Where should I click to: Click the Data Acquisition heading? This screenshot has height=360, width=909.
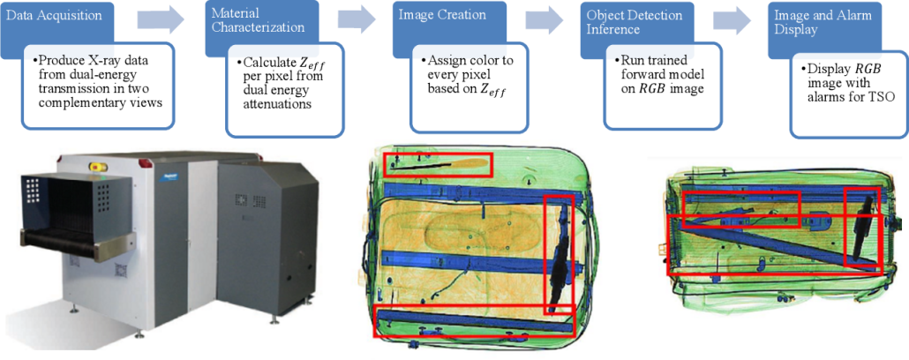[x=49, y=15]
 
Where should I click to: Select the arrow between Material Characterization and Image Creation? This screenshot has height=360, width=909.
[x=356, y=19]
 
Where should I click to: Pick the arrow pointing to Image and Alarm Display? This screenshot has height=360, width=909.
[x=732, y=19]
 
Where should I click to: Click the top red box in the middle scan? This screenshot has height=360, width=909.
[x=438, y=163]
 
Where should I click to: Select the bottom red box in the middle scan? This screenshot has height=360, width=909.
[x=474, y=321]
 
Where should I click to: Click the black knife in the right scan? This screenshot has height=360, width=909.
[x=861, y=226]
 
